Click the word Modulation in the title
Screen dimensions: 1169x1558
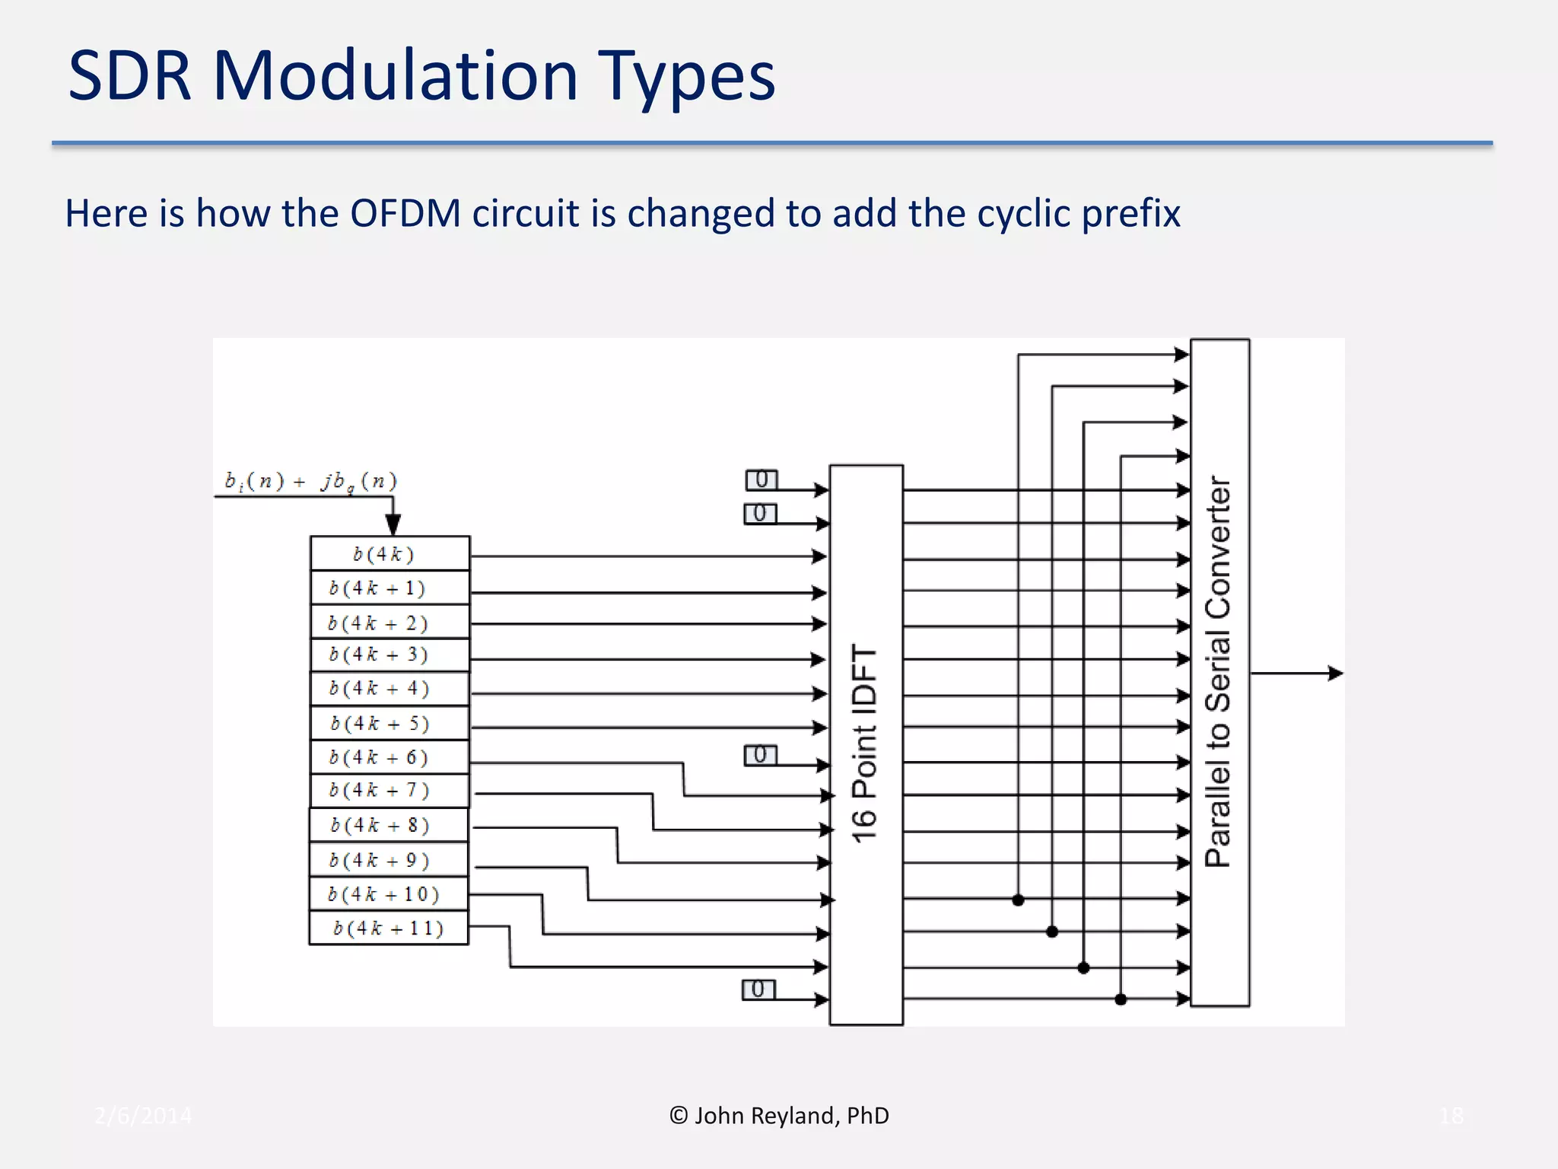tap(395, 76)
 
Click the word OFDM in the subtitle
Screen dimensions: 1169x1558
tap(405, 213)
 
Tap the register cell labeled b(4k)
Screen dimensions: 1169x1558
tap(389, 554)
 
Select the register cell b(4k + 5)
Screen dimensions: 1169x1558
tap(389, 723)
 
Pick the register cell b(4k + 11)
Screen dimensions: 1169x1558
tap(388, 928)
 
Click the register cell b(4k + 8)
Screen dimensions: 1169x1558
tap(388, 825)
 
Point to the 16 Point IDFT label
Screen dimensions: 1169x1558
tap(865, 744)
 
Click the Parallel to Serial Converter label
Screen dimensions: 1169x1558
tap(1219, 671)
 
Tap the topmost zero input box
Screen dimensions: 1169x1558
tap(762, 479)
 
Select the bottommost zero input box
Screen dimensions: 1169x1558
tap(758, 989)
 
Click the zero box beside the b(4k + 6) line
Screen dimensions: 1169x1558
tap(760, 755)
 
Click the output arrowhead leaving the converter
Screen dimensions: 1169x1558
tap(1335, 673)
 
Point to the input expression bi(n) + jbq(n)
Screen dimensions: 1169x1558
tap(310, 482)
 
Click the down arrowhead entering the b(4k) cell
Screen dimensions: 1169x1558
tap(393, 525)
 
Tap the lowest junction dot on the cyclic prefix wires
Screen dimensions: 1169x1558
tap(1121, 999)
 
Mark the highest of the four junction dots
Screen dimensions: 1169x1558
tap(1018, 900)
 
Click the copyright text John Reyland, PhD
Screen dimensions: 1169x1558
tap(779, 1116)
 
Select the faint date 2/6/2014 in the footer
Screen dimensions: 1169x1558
tap(143, 1116)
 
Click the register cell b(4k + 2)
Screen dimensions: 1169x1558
tap(389, 623)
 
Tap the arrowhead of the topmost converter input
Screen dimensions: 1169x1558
tap(1181, 354)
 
